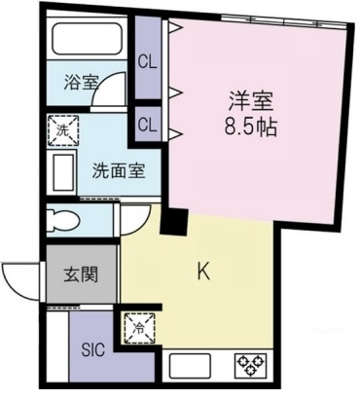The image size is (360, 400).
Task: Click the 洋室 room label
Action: [x=250, y=101]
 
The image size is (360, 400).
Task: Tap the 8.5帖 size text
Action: [x=250, y=127]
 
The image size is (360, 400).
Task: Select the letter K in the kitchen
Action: [x=204, y=272]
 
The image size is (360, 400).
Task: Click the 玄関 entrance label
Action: [x=81, y=274]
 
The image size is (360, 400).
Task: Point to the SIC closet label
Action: [x=93, y=349]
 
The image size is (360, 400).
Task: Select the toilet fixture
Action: [x=63, y=220]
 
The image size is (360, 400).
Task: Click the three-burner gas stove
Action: [x=250, y=365]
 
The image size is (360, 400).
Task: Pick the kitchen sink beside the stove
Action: [x=190, y=366]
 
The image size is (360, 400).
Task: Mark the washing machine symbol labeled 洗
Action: [x=63, y=130]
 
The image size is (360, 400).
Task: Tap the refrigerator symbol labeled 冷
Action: [x=139, y=328]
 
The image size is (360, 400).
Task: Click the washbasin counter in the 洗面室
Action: [x=62, y=172]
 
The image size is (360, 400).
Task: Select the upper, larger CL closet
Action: [x=148, y=57]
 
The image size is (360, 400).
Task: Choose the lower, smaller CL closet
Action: [x=148, y=125]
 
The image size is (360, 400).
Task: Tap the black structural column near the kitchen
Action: [x=175, y=222]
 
